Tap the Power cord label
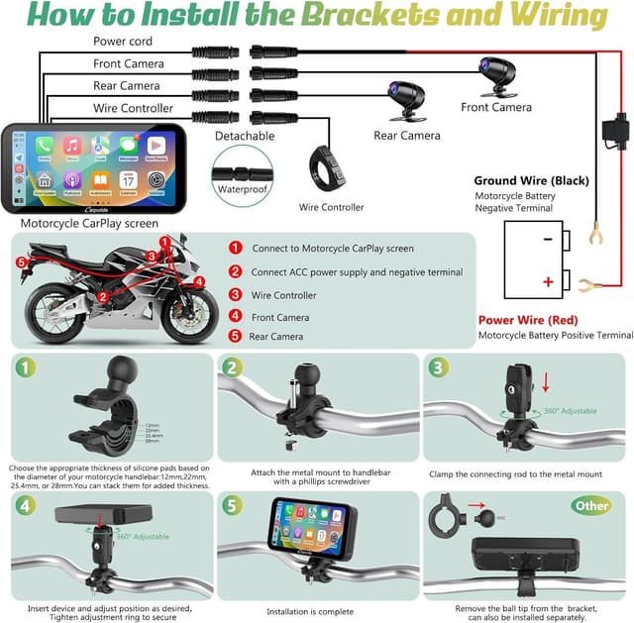(123, 42)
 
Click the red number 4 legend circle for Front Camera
(235, 316)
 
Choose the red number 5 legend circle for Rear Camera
(235, 337)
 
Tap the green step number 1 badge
(25, 367)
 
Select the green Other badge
(591, 505)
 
